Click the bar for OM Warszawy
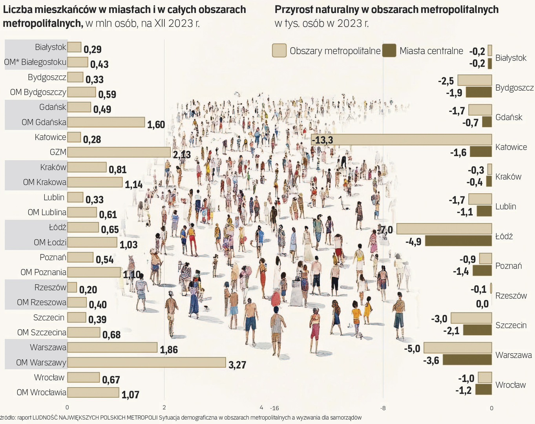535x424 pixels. tap(146, 362)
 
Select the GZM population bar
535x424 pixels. tap(119, 152)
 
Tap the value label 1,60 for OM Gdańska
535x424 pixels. tap(156, 125)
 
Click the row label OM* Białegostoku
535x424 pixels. tap(35, 62)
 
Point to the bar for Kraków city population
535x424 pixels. tap(87, 167)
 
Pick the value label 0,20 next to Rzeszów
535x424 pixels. tap(88, 290)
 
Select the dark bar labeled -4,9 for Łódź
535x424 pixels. tap(458, 241)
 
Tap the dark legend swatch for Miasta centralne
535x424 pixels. tap(389, 51)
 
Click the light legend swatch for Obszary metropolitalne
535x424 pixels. tap(279, 51)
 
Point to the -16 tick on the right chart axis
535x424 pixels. tap(274, 408)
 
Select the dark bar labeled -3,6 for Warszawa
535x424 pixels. tap(467, 360)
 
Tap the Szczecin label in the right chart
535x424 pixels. tap(511, 325)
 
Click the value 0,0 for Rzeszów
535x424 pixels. tap(482, 303)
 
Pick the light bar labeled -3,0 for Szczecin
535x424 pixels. tap(471, 318)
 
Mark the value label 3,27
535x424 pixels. tap(237, 365)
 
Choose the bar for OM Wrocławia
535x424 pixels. tap(93, 392)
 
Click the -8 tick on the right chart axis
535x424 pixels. tap(383, 408)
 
